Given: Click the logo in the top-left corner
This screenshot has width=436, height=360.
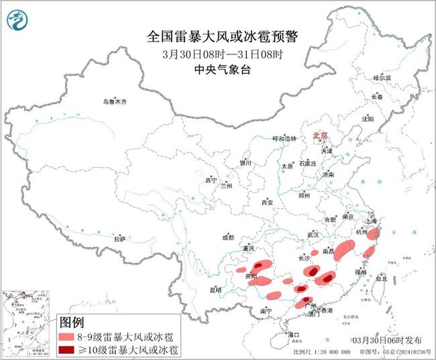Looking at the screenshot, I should pos(16,20).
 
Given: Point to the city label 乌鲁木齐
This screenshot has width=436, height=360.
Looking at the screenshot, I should pos(114,101).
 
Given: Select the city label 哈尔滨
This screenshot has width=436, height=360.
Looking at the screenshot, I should pos(381,78).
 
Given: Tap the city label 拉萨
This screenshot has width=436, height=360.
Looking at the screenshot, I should pos(119,238).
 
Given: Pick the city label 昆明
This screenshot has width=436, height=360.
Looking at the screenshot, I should pos(215,290).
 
